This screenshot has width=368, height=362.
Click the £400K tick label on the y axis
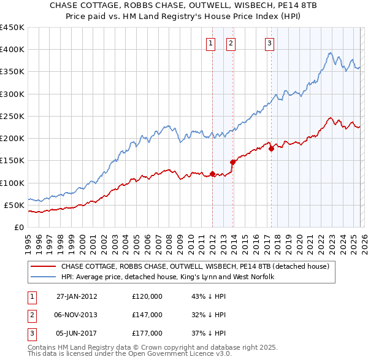coord(12,50)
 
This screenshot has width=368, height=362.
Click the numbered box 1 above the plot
coord(210,43)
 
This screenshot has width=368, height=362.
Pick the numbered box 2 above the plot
coord(231,43)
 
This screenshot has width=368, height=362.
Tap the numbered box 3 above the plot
coord(269,43)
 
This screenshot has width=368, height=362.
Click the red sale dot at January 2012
coord(212,174)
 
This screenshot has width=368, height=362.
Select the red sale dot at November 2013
coord(232,162)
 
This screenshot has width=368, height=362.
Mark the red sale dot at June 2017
coord(271,148)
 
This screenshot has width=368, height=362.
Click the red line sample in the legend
coord(43,267)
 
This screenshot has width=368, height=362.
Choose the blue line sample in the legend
coord(43,277)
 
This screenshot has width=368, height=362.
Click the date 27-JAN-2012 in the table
coord(77,296)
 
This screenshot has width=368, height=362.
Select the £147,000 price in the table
coord(147,315)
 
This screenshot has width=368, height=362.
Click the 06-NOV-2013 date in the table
coord(77,315)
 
